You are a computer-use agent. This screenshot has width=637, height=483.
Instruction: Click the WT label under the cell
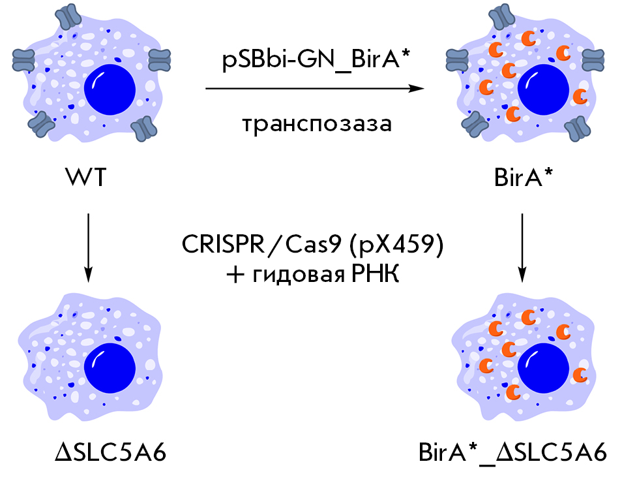click(87, 177)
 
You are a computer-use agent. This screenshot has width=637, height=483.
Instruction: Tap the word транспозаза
click(318, 123)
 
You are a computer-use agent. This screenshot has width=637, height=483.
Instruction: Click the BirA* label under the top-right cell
click(522, 177)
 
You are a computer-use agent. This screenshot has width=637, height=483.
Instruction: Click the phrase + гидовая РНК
click(318, 274)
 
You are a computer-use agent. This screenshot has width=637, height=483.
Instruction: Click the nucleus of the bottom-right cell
click(543, 366)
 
